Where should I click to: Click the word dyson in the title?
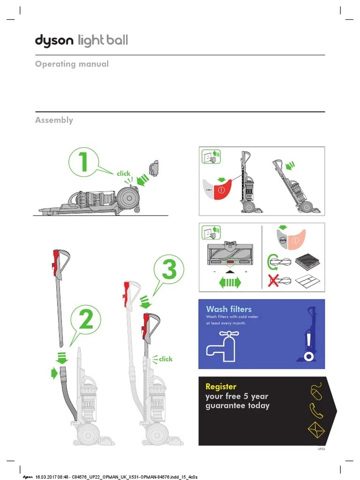click(54, 41)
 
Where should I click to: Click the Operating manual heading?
click(72, 64)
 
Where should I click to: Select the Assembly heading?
click(54, 120)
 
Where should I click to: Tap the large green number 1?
click(83, 163)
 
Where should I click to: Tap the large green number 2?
click(86, 322)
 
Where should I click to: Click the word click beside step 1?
click(124, 173)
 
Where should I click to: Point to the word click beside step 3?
click(165, 359)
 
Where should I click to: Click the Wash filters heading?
click(229, 309)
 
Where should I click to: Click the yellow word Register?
click(221, 387)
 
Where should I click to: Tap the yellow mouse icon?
click(317, 391)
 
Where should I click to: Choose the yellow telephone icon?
click(316, 411)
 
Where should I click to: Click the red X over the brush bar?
click(272, 281)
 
